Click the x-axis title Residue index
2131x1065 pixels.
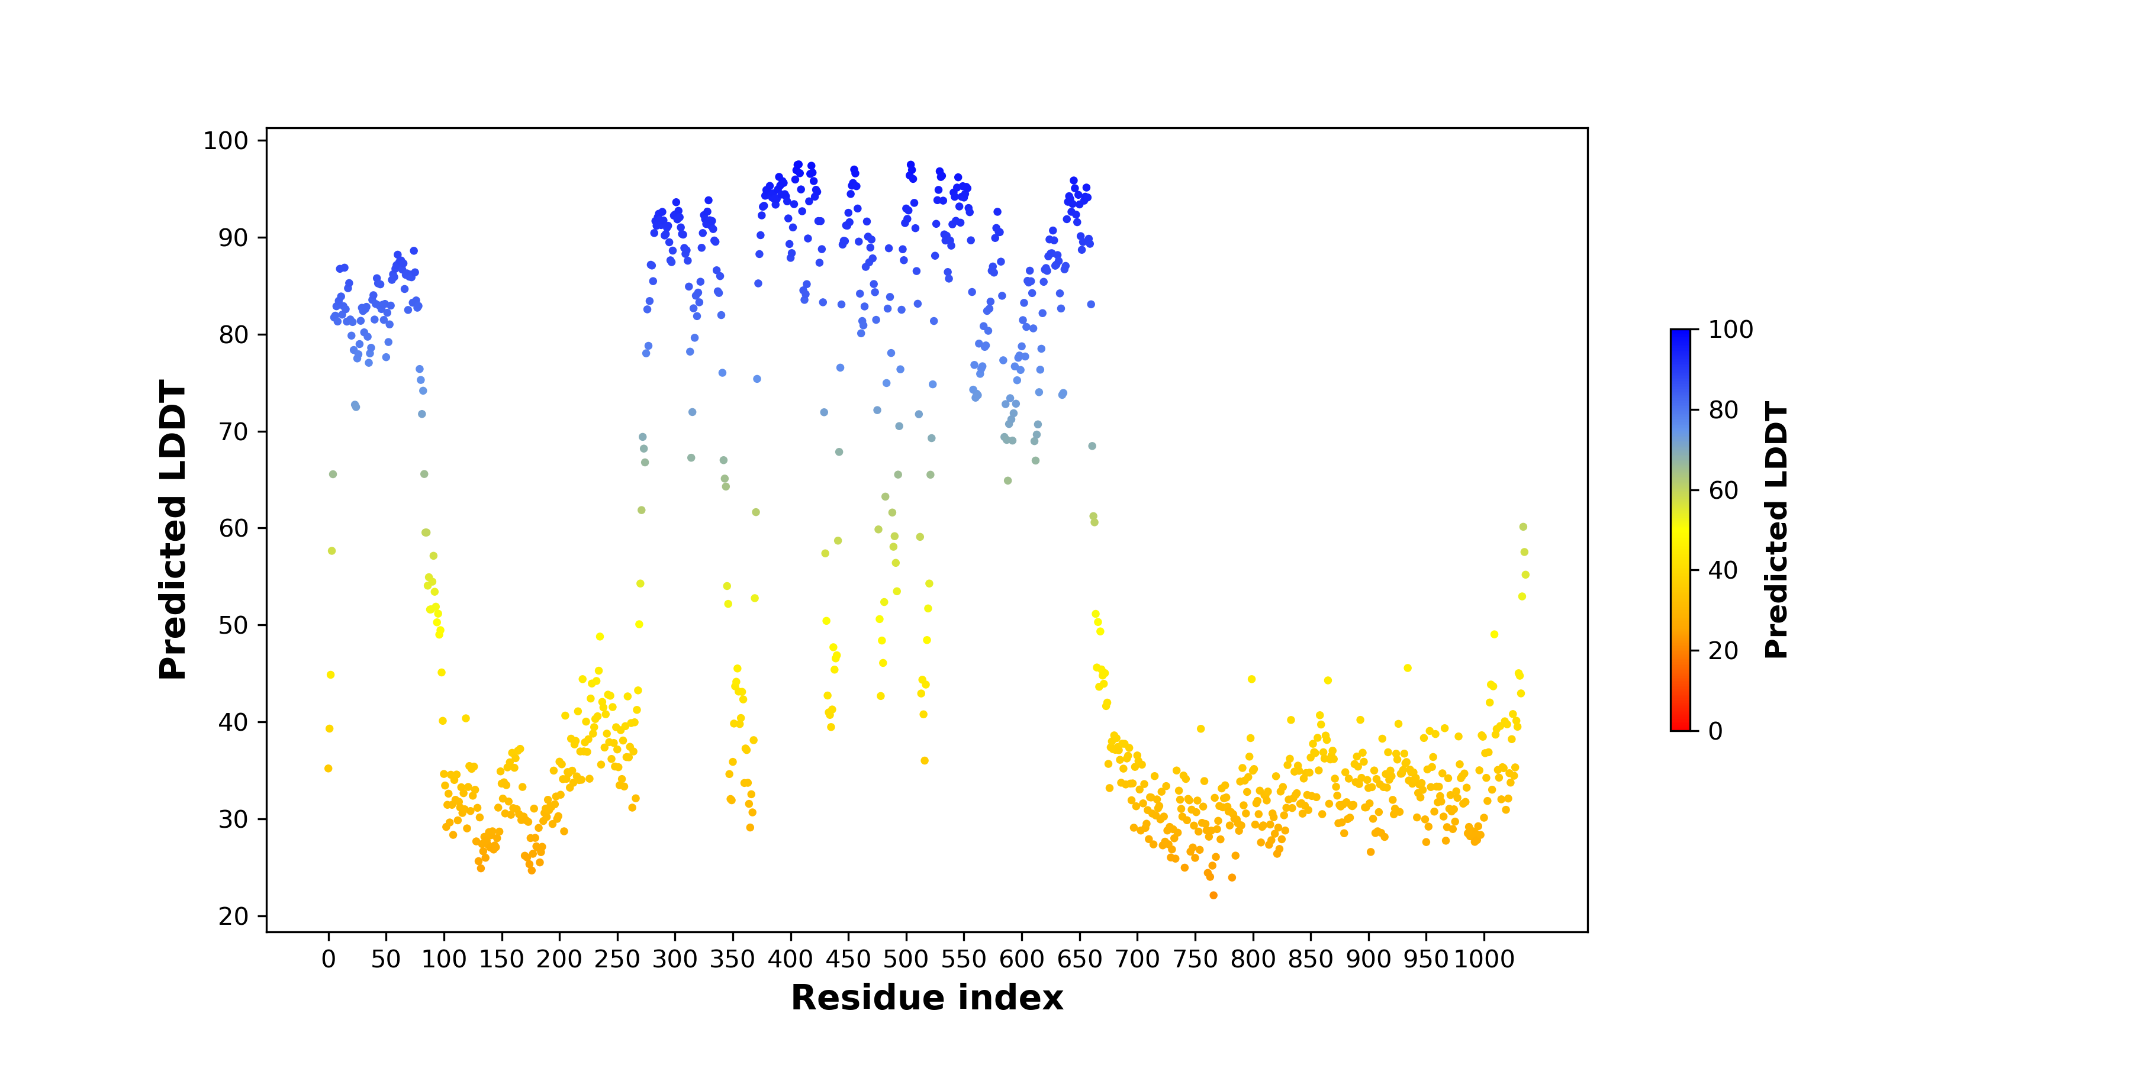tap(926, 998)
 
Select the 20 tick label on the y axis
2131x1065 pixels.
tap(233, 916)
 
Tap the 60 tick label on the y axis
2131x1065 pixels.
tap(233, 528)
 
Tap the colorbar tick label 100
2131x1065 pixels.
tap(1731, 330)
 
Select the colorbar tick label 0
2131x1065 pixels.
tap(1715, 731)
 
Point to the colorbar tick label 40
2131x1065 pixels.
tap(1723, 570)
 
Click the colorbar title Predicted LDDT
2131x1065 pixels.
tap(1776, 530)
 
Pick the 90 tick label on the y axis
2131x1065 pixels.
tap(233, 237)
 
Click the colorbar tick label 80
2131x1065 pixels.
tap(1723, 410)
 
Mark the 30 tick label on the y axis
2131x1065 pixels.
tap(233, 819)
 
